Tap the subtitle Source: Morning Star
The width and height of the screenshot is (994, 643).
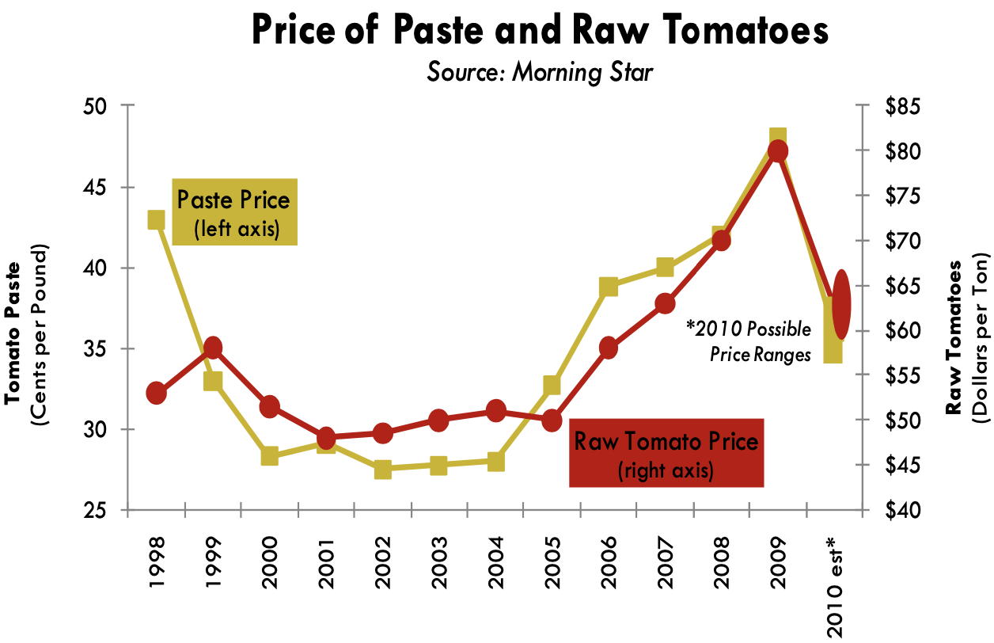tap(541, 72)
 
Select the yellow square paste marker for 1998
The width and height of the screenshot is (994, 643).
tap(156, 219)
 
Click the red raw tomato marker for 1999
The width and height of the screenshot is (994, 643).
tap(213, 348)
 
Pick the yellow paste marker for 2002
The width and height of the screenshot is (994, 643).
tap(383, 469)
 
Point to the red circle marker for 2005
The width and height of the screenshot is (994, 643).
tap(552, 420)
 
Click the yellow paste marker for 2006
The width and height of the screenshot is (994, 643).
tap(609, 287)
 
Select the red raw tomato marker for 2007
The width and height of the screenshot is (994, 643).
tap(665, 303)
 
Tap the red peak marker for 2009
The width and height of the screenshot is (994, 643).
tap(778, 151)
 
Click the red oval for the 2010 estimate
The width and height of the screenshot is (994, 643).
tap(840, 303)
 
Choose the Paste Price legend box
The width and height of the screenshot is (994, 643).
tap(234, 211)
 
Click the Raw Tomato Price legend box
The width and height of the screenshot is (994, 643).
tap(666, 452)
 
